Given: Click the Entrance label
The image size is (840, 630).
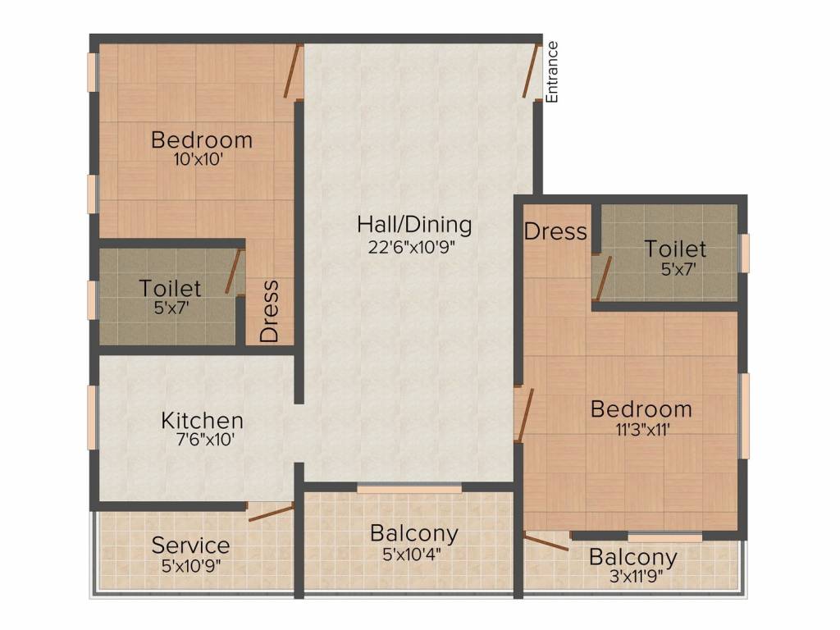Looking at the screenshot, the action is [x=552, y=72].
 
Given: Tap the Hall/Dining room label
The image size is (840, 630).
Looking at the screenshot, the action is [x=414, y=225].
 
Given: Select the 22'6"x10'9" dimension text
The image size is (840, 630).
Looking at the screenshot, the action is [x=412, y=247].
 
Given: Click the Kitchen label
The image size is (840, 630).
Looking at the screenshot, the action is [x=203, y=421].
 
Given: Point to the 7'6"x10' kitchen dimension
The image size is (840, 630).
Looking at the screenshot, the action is [x=206, y=440].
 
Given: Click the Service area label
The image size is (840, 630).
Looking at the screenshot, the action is [x=190, y=546].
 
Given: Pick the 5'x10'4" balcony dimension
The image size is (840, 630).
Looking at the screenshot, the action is [x=412, y=554].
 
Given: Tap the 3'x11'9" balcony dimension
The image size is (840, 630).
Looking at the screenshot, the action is [x=637, y=577].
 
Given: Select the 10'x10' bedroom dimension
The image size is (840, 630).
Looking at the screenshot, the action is [x=199, y=159].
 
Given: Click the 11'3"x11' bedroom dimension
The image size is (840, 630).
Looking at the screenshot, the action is [x=643, y=430].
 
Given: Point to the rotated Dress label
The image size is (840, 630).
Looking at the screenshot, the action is [x=269, y=311].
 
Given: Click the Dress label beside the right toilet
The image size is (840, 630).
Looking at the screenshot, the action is [x=555, y=231].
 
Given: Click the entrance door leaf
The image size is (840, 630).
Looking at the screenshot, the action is [x=530, y=71].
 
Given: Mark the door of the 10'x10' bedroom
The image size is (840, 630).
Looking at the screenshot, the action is [x=291, y=71].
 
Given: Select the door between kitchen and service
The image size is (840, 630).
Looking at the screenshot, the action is [x=271, y=512].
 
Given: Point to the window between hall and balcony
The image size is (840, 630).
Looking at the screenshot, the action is [x=409, y=489].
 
